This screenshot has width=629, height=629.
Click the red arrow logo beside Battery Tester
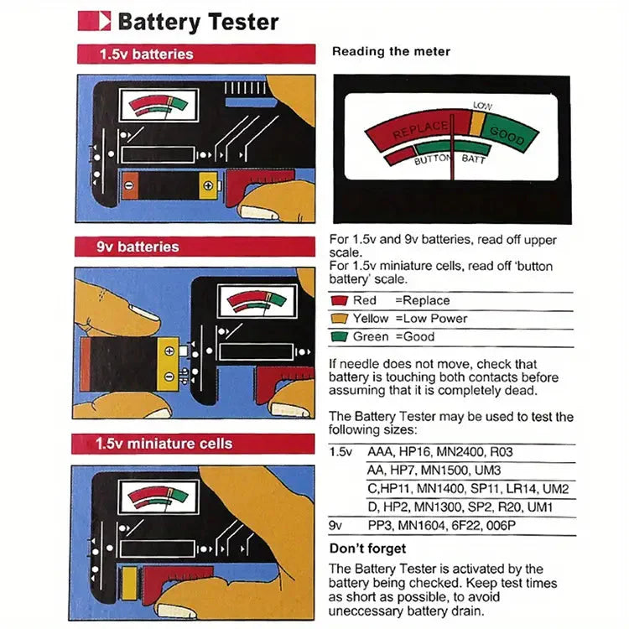coord(94,21)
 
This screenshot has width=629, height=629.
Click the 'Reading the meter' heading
coord(391,52)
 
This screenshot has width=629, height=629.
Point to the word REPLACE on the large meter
coord(420,132)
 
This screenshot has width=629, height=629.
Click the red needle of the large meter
coord(453,151)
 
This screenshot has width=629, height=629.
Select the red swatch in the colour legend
coord(339,300)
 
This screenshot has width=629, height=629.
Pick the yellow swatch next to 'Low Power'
coord(339,319)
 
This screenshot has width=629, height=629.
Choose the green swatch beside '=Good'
coord(339,337)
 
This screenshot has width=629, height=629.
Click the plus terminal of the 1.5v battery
coord(207,184)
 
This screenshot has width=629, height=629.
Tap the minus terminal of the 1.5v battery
coord(130,185)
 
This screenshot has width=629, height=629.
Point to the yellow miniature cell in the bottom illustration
coord(129,582)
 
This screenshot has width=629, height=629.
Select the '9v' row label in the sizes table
coord(336,526)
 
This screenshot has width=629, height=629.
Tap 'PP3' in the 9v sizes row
coord(380,526)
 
